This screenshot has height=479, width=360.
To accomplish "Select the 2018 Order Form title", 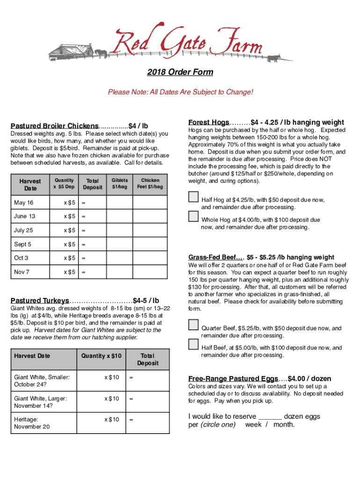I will [x=180, y=72].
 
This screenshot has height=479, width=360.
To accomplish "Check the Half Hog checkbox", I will [x=194, y=196].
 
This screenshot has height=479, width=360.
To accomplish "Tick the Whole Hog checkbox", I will [x=194, y=216].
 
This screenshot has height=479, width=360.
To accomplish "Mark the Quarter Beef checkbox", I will [x=194, y=325].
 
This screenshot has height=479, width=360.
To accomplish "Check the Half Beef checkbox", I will [x=194, y=344].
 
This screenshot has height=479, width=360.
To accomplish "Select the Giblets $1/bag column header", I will [x=120, y=183].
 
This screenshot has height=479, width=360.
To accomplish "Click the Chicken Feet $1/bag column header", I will [x=150, y=183].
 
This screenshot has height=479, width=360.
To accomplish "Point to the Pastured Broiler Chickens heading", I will [x=55, y=126].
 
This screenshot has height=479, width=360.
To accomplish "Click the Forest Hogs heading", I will [x=209, y=122].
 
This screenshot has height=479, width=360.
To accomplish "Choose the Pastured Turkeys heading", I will [x=40, y=300].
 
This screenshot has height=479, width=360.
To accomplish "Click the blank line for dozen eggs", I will [x=270, y=417].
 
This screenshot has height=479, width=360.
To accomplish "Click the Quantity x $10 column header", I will [x=101, y=356].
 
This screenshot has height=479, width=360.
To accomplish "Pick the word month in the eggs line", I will [x=284, y=425].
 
